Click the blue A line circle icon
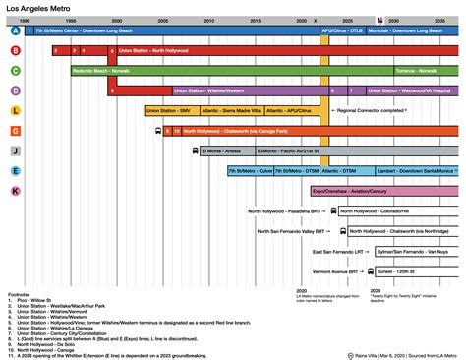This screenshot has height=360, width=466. coord(15,30)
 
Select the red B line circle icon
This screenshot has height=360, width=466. coord(15,50)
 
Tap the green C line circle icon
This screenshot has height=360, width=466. coord(15,71)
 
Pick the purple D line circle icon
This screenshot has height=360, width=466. coord(15,90)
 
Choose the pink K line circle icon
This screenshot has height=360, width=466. coord(15,190)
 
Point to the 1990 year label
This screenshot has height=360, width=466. coord(24,20)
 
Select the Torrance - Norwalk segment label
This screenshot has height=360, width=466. coord(418,71)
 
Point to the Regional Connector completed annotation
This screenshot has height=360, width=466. coord(374,110)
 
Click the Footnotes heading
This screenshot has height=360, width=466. coord(20,293)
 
